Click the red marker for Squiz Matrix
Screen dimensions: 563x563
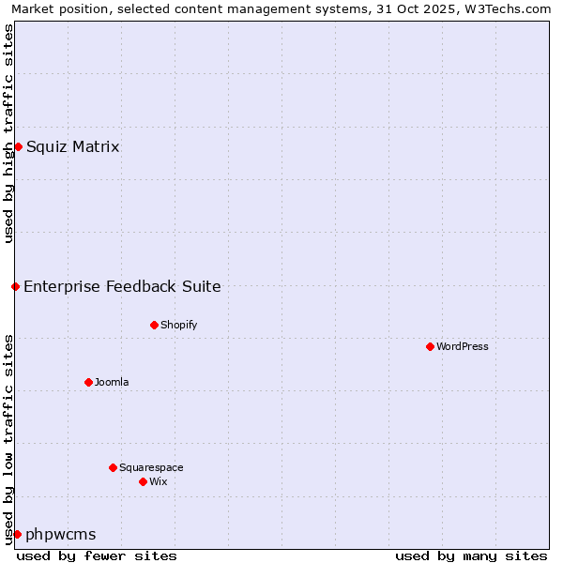[x=18, y=146]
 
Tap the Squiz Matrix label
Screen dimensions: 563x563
[x=73, y=146]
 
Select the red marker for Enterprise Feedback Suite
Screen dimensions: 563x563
[x=16, y=286]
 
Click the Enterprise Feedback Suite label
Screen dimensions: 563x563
[x=123, y=286]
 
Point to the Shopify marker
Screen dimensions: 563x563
[x=154, y=325]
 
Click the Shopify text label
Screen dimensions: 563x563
[x=178, y=325]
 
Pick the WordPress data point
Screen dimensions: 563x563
[x=430, y=346]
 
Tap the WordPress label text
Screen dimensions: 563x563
[x=463, y=346]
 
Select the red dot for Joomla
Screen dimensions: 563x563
[x=88, y=382]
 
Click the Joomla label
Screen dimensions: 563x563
[x=112, y=382]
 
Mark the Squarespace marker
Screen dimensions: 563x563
[x=113, y=467]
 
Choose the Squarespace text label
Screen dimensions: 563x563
[x=151, y=467]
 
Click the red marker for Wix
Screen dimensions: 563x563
[x=143, y=481]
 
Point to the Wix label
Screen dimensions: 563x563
[x=159, y=481]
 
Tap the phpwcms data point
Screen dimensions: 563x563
[x=17, y=534]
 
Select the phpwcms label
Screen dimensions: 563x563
[x=61, y=534]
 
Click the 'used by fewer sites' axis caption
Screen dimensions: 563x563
[x=97, y=555]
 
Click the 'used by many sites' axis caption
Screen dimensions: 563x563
[x=471, y=555]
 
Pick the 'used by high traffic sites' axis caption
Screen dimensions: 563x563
[x=8, y=133]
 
